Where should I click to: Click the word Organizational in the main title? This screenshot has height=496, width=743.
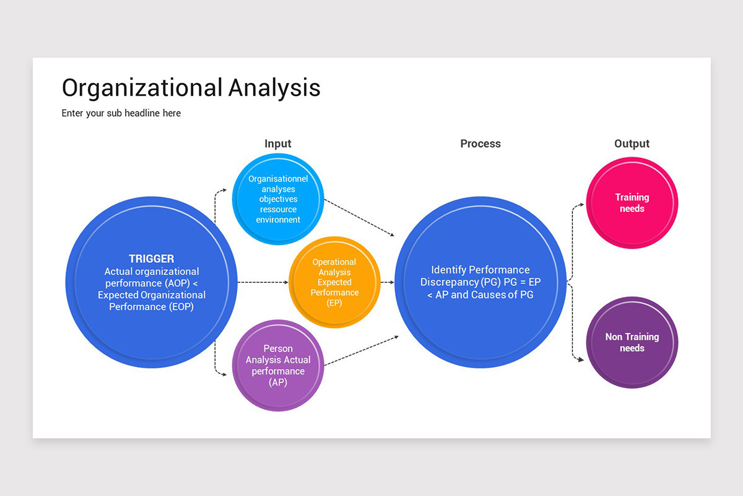point(141,87)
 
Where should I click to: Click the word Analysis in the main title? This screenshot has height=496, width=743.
point(274,87)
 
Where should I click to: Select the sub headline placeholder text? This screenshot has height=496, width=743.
point(121,113)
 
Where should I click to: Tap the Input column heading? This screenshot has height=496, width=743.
point(277,144)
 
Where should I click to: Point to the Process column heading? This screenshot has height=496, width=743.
point(480,144)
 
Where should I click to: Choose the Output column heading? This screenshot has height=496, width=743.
point(632,144)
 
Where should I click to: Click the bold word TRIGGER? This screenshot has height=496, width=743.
point(151,259)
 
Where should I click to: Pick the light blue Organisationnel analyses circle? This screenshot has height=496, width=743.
point(278,198)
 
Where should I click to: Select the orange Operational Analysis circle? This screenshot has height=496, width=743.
point(334,282)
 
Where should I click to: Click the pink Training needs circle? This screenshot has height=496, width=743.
point(632,203)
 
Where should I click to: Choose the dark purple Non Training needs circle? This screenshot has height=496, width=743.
point(632,342)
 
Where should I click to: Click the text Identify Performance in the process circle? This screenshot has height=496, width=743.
point(480,270)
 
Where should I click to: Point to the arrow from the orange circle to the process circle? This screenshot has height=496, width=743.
point(387,282)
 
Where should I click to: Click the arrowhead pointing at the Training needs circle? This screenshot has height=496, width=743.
point(581,204)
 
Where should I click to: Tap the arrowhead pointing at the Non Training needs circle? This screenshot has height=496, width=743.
point(581,359)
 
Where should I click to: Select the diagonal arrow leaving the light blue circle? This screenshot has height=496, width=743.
point(359,218)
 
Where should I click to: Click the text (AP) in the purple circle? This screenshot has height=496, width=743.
point(278,383)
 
